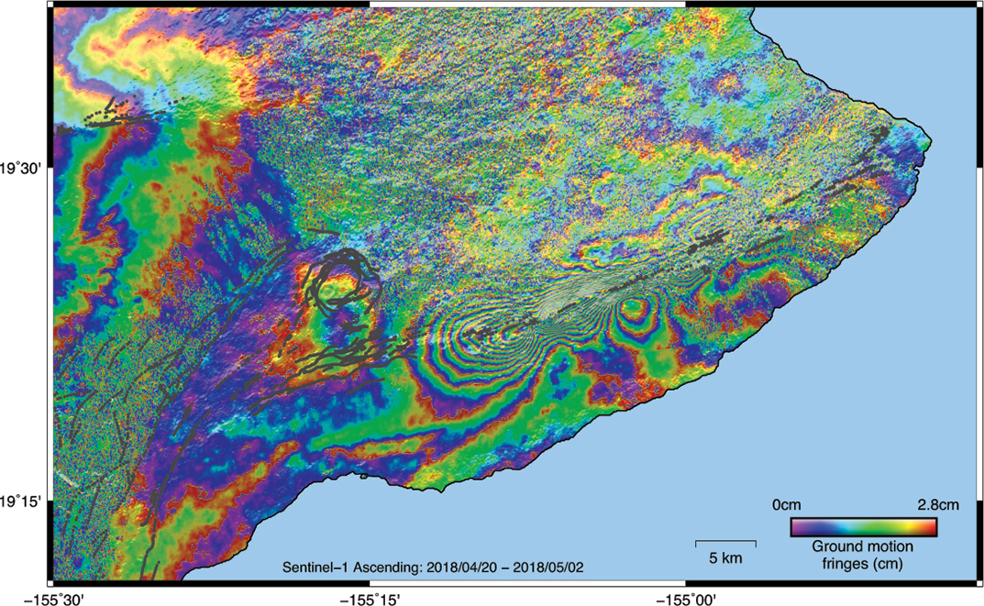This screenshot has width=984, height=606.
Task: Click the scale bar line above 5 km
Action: coord(725,542)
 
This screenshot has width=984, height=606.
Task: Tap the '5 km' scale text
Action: coord(725,557)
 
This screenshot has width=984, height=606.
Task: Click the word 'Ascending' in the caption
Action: coord(385,567)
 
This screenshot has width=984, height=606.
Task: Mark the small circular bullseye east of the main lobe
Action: coord(632,312)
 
